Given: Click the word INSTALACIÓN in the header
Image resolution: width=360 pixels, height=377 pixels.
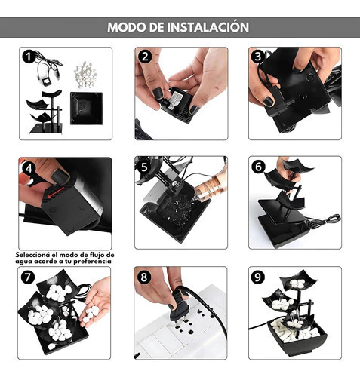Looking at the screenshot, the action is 208,26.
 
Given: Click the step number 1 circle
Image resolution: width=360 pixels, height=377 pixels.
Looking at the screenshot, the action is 29,57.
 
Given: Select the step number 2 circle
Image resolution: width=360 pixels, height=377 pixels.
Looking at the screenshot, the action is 145,57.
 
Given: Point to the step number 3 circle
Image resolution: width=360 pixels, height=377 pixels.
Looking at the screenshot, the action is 257,57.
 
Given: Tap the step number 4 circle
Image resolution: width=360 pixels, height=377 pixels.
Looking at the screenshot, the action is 29,168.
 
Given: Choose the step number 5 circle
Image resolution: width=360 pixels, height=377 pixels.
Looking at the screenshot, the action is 144,167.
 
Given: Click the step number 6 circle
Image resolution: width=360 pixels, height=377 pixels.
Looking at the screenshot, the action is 258,167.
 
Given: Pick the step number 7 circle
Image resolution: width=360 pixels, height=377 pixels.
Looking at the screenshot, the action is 28,277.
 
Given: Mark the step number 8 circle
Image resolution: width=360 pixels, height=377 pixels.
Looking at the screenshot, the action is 144,277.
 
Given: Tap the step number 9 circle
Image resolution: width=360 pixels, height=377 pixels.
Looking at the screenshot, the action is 257,277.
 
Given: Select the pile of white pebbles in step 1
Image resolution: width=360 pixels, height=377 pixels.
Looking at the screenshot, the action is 85,75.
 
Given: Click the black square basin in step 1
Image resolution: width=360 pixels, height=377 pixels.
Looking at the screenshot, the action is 87,109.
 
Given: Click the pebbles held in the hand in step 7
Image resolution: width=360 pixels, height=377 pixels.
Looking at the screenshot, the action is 91,314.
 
